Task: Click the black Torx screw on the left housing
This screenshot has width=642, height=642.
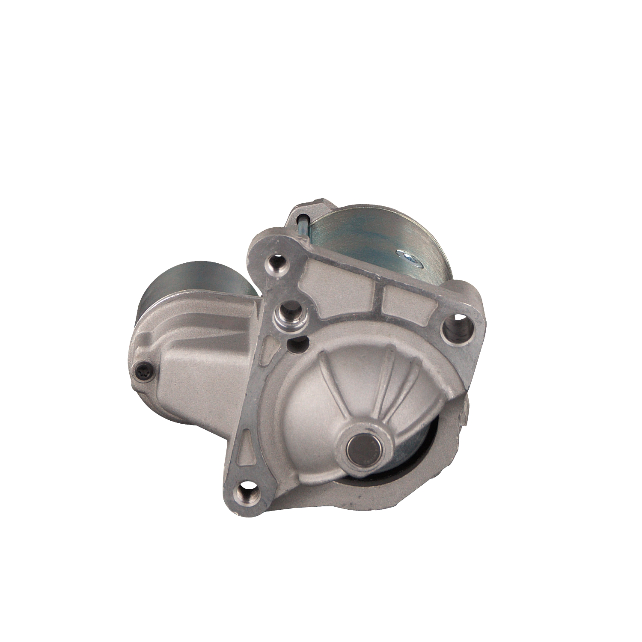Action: tap(144, 372)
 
